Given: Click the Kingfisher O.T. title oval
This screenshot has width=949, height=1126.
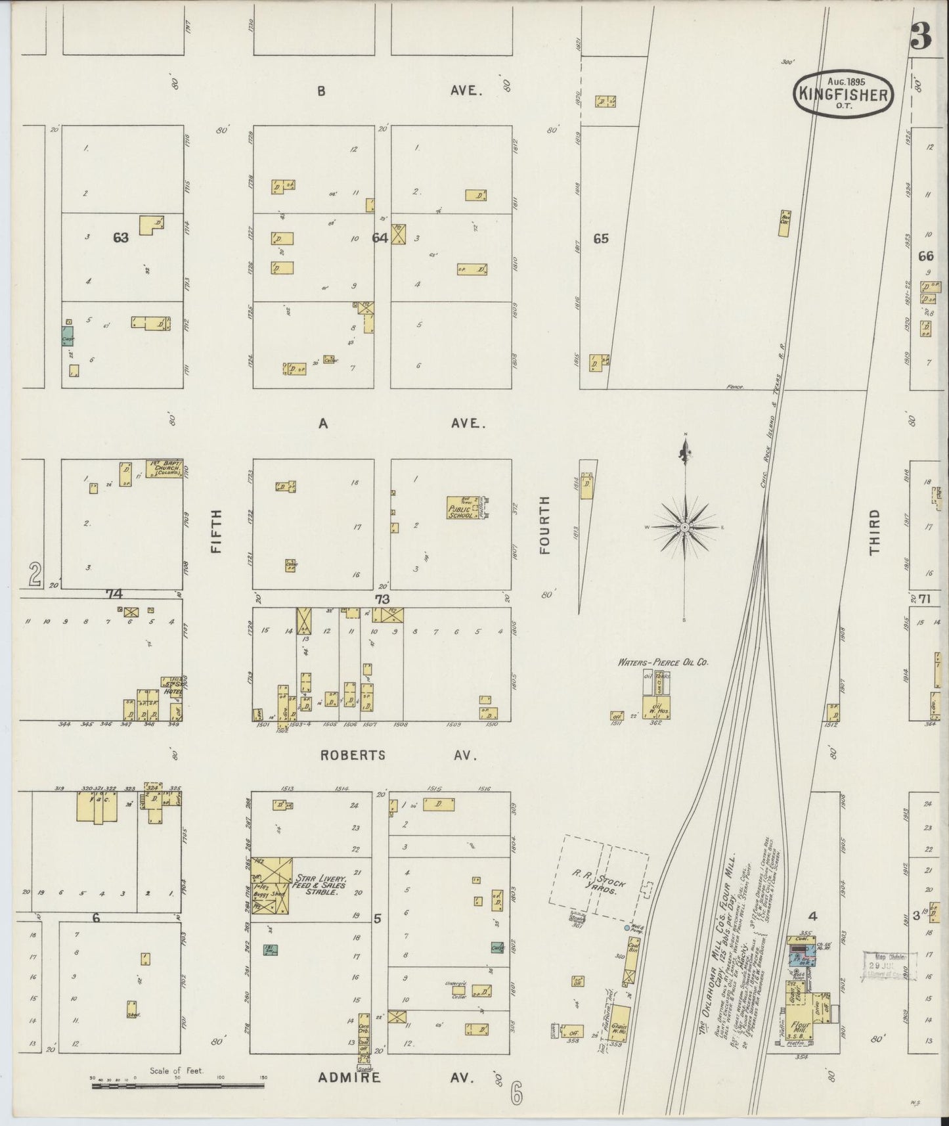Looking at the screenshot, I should tap(844, 94).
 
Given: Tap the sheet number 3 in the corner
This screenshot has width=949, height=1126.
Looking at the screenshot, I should tap(921, 38).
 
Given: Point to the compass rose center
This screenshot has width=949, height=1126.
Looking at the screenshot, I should tap(685, 528).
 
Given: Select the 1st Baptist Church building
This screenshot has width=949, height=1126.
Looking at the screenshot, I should tap(164, 468).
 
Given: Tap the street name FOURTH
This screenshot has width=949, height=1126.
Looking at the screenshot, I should tap(544, 526).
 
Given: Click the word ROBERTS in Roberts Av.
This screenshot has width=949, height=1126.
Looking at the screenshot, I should tap(352, 755).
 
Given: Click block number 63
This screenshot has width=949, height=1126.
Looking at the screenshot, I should tap(121, 238).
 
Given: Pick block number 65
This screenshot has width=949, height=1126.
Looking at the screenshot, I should tap(600, 238).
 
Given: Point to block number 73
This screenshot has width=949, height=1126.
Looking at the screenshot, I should tap(382, 598).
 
